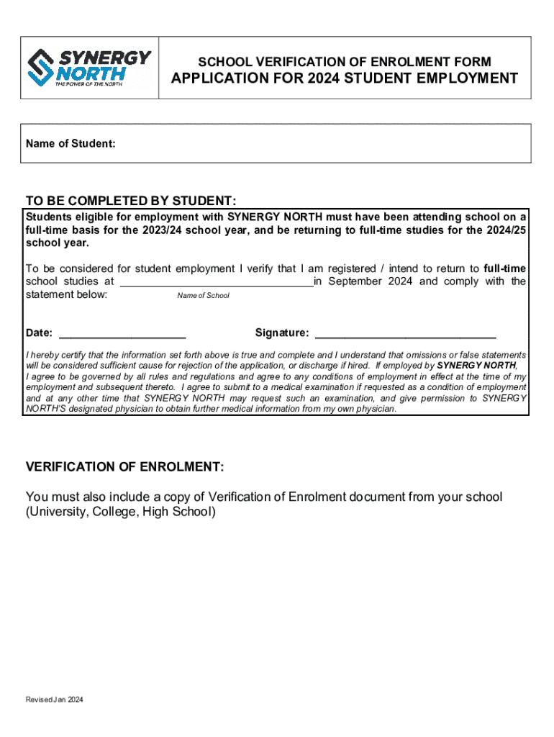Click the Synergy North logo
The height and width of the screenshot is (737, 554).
(89, 68)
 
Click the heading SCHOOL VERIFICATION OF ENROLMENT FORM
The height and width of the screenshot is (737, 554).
(345, 63)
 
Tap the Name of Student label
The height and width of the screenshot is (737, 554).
(71, 144)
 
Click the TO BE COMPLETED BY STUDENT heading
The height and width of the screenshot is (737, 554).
(130, 200)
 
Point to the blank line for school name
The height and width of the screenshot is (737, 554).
(216, 282)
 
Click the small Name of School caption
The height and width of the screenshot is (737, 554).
(203, 296)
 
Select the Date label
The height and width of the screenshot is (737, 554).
(39, 333)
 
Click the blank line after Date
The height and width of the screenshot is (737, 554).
(122, 334)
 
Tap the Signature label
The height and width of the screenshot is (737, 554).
(282, 333)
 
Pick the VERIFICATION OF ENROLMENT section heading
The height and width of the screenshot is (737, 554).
(124, 468)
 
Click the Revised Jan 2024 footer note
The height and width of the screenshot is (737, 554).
(54, 700)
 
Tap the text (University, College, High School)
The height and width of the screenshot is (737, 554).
(120, 512)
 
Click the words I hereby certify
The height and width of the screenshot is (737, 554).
(58, 356)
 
